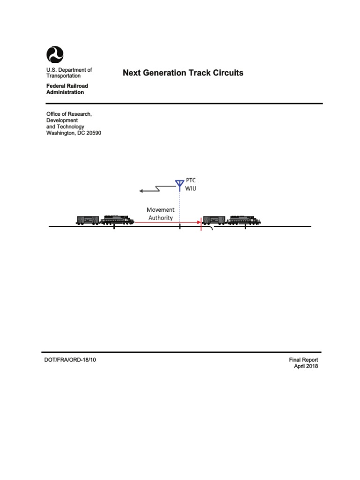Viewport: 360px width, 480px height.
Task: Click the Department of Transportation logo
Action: point(54,55)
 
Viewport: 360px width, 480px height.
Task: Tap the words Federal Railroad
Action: point(67,86)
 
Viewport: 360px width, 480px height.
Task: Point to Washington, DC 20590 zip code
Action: point(92,133)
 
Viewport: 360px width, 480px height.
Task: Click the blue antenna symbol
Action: point(179,184)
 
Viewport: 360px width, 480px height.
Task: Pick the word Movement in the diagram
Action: point(161,210)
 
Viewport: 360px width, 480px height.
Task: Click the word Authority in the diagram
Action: point(161,217)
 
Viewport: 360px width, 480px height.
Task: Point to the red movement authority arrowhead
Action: point(198,222)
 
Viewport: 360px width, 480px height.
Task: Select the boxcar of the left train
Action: point(88,220)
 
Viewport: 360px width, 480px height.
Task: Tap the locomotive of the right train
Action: point(242,220)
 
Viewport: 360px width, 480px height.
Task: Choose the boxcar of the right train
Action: point(214,220)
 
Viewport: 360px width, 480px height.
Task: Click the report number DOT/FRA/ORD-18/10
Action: point(70,360)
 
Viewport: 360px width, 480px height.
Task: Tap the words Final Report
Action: point(303,360)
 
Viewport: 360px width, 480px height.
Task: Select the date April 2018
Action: point(306,367)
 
